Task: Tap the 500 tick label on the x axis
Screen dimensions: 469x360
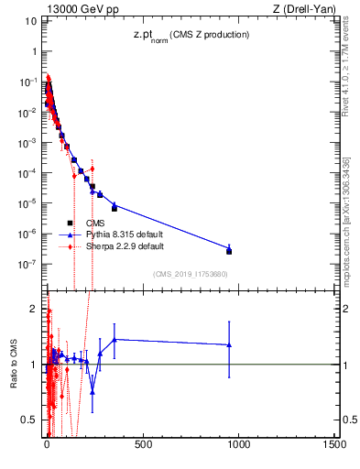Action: point(142,446)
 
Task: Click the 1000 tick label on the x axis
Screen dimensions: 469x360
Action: point(238,446)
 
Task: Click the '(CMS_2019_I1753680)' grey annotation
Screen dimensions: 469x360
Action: point(190,273)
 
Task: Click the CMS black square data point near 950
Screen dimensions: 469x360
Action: point(229,251)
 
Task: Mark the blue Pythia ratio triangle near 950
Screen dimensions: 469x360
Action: point(229,344)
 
